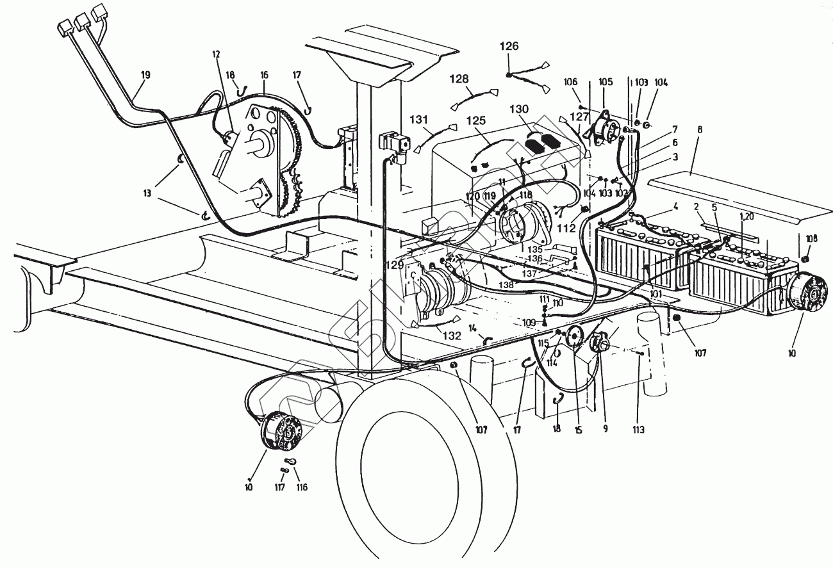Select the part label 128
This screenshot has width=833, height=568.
click(x=477, y=79)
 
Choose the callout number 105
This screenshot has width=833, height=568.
click(x=606, y=82)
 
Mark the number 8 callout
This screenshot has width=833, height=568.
click(x=700, y=130)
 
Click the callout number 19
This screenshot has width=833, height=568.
click(x=145, y=75)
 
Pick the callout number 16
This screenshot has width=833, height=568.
click(x=264, y=75)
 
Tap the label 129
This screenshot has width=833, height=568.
click(x=394, y=265)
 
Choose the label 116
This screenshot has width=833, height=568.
click(x=301, y=487)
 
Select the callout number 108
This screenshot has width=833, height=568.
click(x=812, y=238)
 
